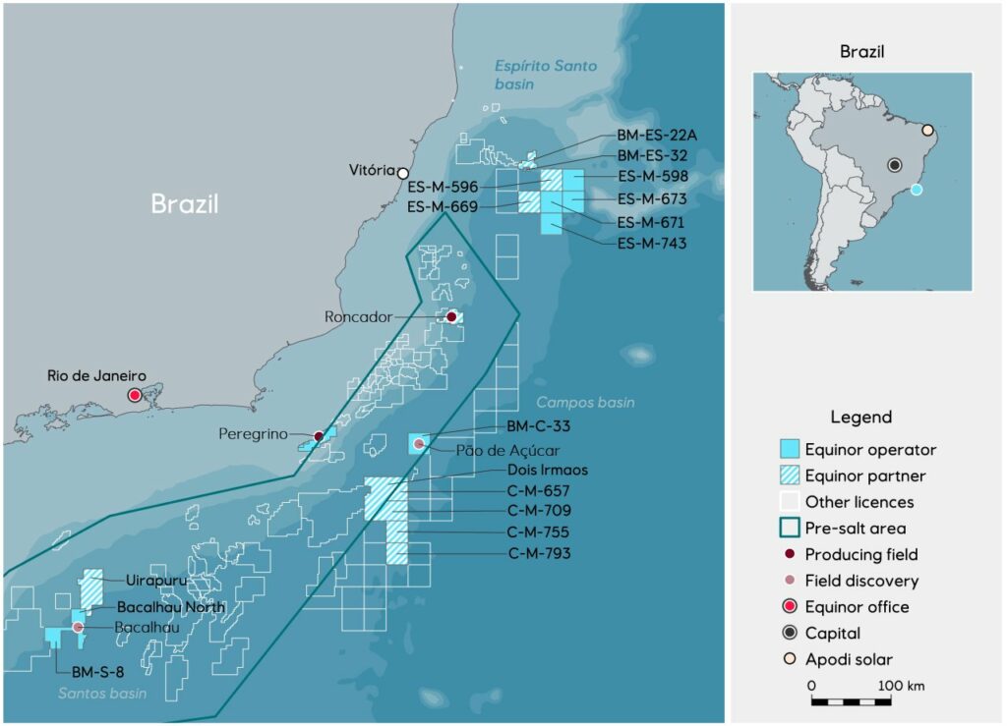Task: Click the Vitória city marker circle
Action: tap(402, 174)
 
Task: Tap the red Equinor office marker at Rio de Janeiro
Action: tap(135, 395)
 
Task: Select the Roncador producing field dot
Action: tap(451, 316)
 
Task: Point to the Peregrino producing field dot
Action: tap(318, 436)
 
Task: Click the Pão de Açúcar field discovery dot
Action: tap(419, 445)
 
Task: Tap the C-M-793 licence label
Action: tap(539, 553)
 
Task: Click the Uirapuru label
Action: tap(156, 581)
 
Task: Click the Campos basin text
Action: tap(585, 403)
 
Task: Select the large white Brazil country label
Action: tap(184, 203)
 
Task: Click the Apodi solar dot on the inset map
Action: tap(926, 129)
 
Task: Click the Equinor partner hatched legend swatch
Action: tap(787, 475)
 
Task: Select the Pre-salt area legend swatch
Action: tap(787, 528)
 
